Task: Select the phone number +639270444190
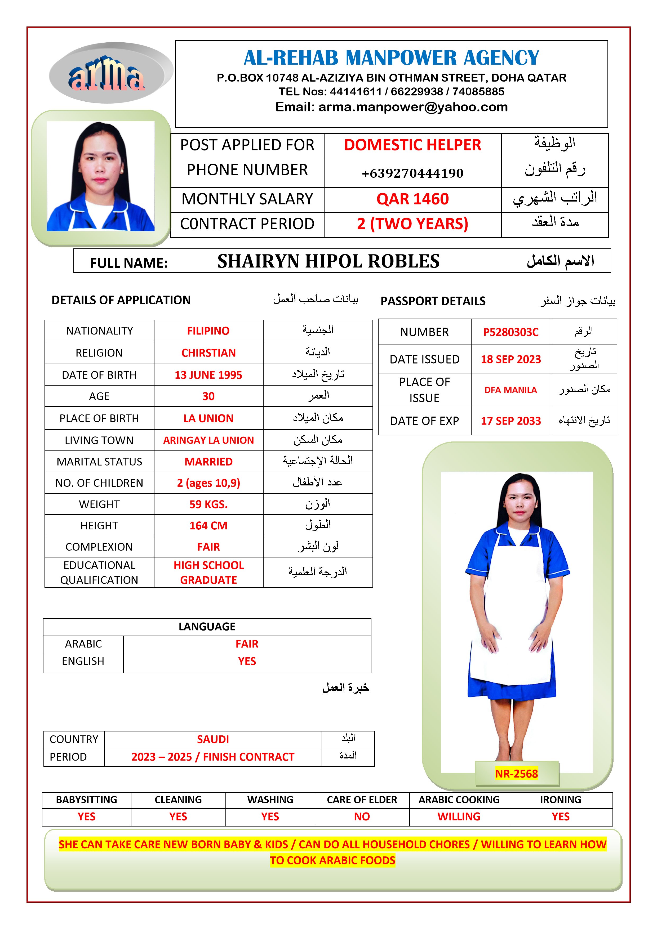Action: (412, 173)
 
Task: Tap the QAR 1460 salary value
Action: (412, 199)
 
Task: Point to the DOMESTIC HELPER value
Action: (412, 145)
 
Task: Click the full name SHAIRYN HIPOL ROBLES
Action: (328, 261)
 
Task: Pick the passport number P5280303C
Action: (510, 332)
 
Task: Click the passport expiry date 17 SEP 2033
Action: (510, 421)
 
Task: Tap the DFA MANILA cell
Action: (510, 390)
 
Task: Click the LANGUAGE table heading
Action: (207, 627)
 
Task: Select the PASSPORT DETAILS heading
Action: (433, 301)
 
